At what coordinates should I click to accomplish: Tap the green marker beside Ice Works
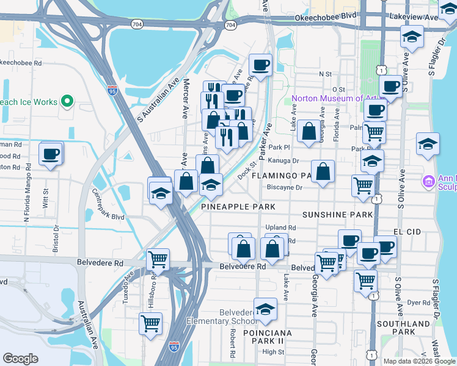coord(68,102)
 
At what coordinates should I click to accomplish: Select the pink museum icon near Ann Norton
coord(429,181)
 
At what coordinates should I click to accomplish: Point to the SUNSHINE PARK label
coord(338,215)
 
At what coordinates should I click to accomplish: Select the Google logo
coord(21,358)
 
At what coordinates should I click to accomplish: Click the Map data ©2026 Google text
coord(419,361)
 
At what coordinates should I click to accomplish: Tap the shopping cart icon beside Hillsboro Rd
coord(150,322)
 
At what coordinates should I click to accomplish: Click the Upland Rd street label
coord(280,228)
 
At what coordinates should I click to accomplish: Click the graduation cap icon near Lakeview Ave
coord(412,37)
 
